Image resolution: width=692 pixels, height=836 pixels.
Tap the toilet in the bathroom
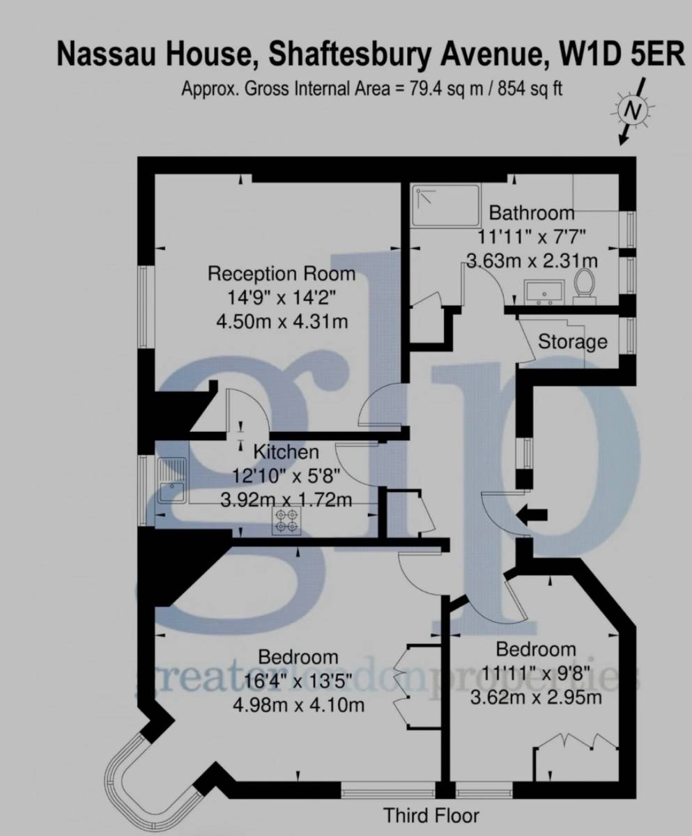pos(584,284)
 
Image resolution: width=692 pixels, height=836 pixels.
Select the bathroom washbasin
pos(545,292)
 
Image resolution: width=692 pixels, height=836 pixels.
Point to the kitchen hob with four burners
pos(286,521)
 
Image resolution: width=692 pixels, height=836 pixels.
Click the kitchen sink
pos(172,481)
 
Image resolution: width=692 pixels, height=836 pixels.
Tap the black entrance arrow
pos(532,515)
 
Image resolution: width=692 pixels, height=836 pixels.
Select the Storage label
pos(572,342)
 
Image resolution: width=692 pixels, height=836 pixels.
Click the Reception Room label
pos(282,274)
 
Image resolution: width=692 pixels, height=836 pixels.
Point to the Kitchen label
pos(286,452)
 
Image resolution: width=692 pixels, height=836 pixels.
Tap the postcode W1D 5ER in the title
pos(622,54)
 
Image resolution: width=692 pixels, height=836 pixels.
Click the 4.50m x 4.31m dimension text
pos(282,321)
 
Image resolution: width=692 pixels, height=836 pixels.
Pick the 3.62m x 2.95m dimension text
pos(536,697)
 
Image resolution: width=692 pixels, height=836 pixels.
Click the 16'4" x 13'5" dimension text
pos(298,681)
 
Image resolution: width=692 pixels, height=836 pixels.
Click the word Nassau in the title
pos(106,54)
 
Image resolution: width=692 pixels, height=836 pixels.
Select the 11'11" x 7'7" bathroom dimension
pos(532,238)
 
